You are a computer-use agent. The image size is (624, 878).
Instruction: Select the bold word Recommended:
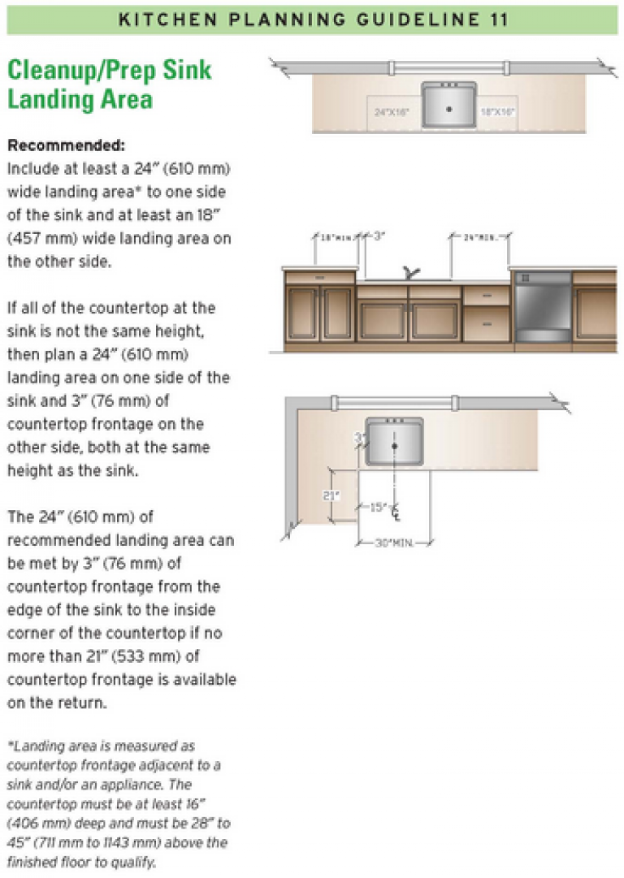[x=66, y=147]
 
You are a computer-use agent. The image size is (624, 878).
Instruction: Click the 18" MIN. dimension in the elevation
[x=336, y=237]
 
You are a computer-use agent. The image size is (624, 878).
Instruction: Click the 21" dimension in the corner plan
[x=330, y=495]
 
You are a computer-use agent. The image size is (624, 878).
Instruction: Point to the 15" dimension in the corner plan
[x=378, y=508]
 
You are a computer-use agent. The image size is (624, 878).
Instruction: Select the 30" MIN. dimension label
[x=393, y=543]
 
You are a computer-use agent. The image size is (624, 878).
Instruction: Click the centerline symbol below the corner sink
[x=396, y=513]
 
